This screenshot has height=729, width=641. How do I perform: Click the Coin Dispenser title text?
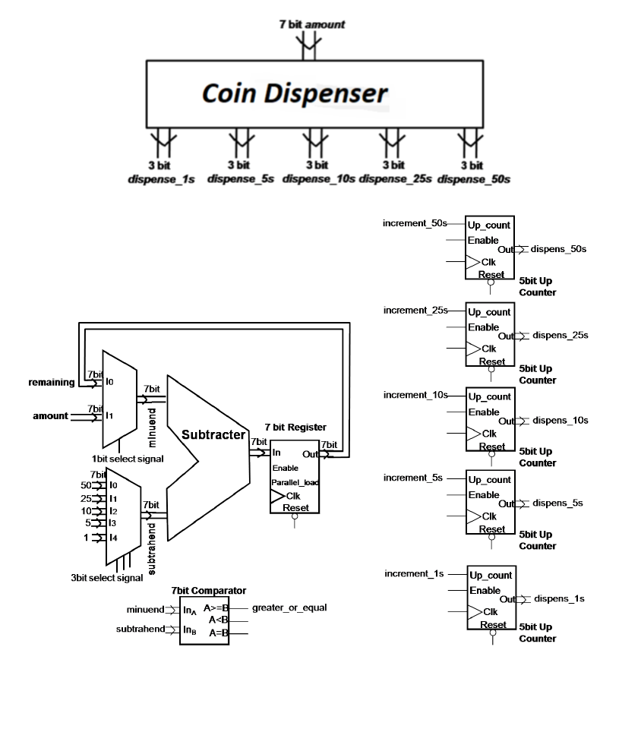(294, 93)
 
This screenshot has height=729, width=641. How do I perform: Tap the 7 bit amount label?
(312, 24)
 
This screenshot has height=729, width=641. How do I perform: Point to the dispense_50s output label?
(474, 179)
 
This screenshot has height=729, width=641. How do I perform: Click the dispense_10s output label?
(318, 179)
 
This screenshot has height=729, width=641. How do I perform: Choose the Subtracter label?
(213, 435)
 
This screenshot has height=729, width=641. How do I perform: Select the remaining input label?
(52, 382)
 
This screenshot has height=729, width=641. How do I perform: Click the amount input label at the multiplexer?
(50, 416)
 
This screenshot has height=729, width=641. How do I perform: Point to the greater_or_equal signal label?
(289, 608)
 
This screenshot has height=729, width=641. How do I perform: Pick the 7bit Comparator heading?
(208, 590)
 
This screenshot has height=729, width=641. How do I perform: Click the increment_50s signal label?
(415, 223)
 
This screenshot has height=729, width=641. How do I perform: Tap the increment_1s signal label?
(414, 573)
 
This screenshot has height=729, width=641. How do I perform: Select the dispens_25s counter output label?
(560, 335)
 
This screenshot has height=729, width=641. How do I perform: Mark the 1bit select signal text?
(128, 459)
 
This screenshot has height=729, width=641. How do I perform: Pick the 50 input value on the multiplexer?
(85, 484)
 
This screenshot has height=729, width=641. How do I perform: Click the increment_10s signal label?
(415, 395)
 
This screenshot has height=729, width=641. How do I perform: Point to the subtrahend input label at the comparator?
(139, 629)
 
